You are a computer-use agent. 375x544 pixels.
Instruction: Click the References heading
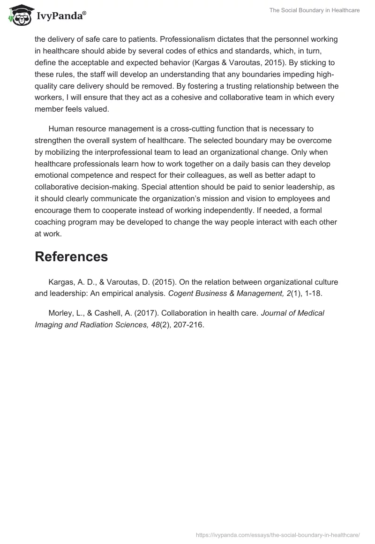(x=71, y=257)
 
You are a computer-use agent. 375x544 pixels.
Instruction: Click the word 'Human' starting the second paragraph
(x=60, y=128)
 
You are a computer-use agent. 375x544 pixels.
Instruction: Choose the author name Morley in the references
(x=60, y=313)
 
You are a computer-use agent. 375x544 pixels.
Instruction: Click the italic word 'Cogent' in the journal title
(x=180, y=294)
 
